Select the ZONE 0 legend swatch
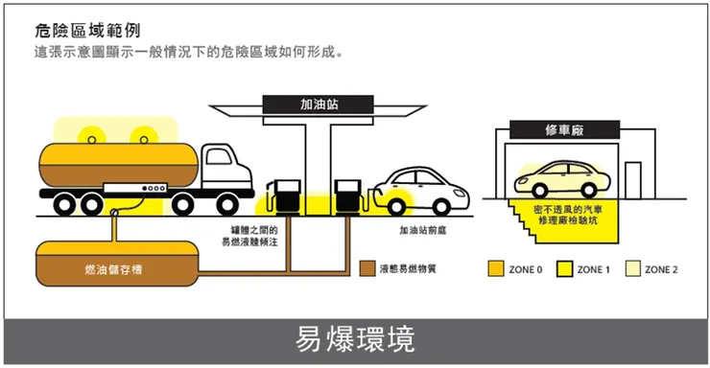(x=496, y=269)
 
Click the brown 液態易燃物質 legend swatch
(x=367, y=269)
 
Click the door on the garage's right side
(x=633, y=183)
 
